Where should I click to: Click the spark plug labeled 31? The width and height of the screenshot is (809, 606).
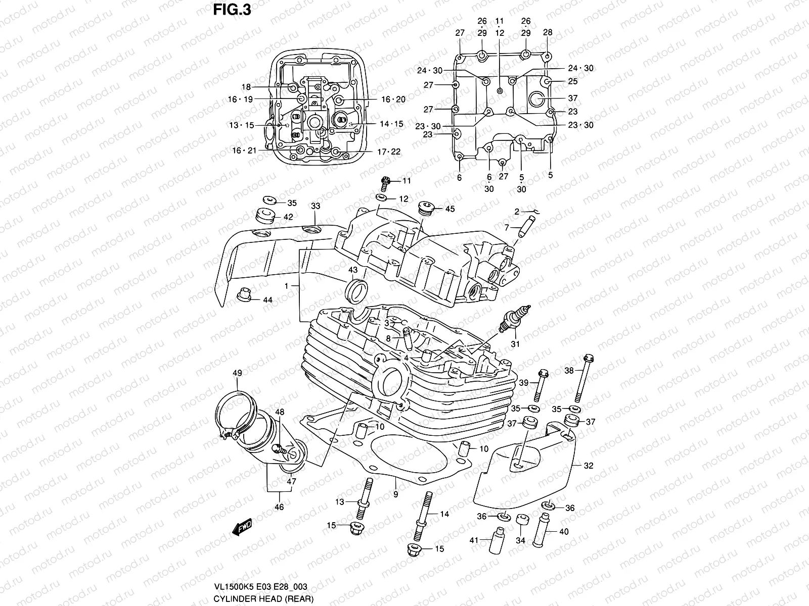[514, 320]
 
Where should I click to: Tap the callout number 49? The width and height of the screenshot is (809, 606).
[237, 373]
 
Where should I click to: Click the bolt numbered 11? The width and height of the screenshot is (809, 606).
[386, 180]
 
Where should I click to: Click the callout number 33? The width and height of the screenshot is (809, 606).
[316, 206]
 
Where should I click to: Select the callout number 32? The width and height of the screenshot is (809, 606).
[589, 466]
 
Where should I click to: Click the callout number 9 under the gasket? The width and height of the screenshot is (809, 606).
[395, 494]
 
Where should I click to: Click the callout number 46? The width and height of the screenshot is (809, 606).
[279, 507]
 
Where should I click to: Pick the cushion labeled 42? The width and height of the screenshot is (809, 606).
[265, 216]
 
